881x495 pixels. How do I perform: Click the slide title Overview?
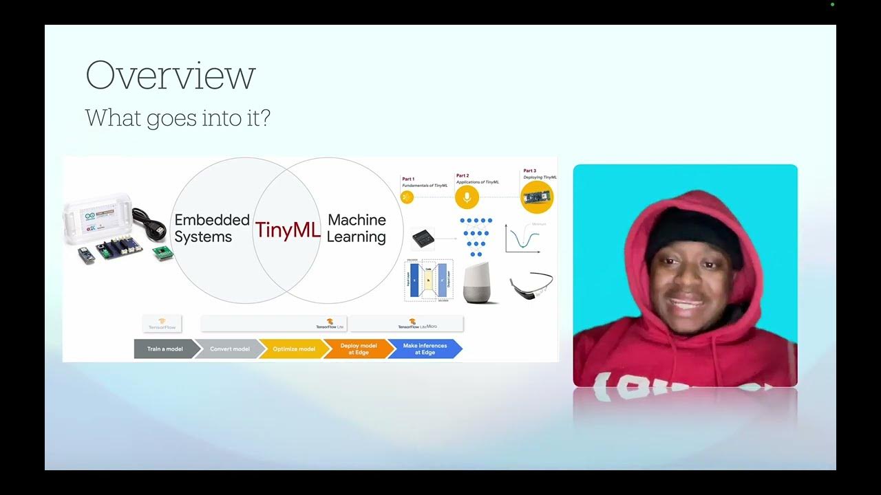[x=170, y=75]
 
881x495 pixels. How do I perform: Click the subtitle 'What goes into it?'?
[x=178, y=118]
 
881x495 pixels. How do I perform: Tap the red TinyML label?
[x=288, y=230]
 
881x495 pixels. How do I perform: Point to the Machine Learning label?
[x=357, y=228]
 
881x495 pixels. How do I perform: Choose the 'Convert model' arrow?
[x=229, y=349]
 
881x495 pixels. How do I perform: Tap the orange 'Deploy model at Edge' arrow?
[x=358, y=349]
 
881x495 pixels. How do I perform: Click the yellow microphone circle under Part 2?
[x=466, y=198]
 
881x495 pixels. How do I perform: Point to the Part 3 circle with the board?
[x=537, y=197]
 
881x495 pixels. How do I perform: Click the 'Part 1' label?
[x=408, y=179]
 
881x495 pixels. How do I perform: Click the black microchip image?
[x=423, y=239]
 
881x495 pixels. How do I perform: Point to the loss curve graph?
[x=523, y=238]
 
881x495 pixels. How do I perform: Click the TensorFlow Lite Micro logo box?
[x=407, y=324]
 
